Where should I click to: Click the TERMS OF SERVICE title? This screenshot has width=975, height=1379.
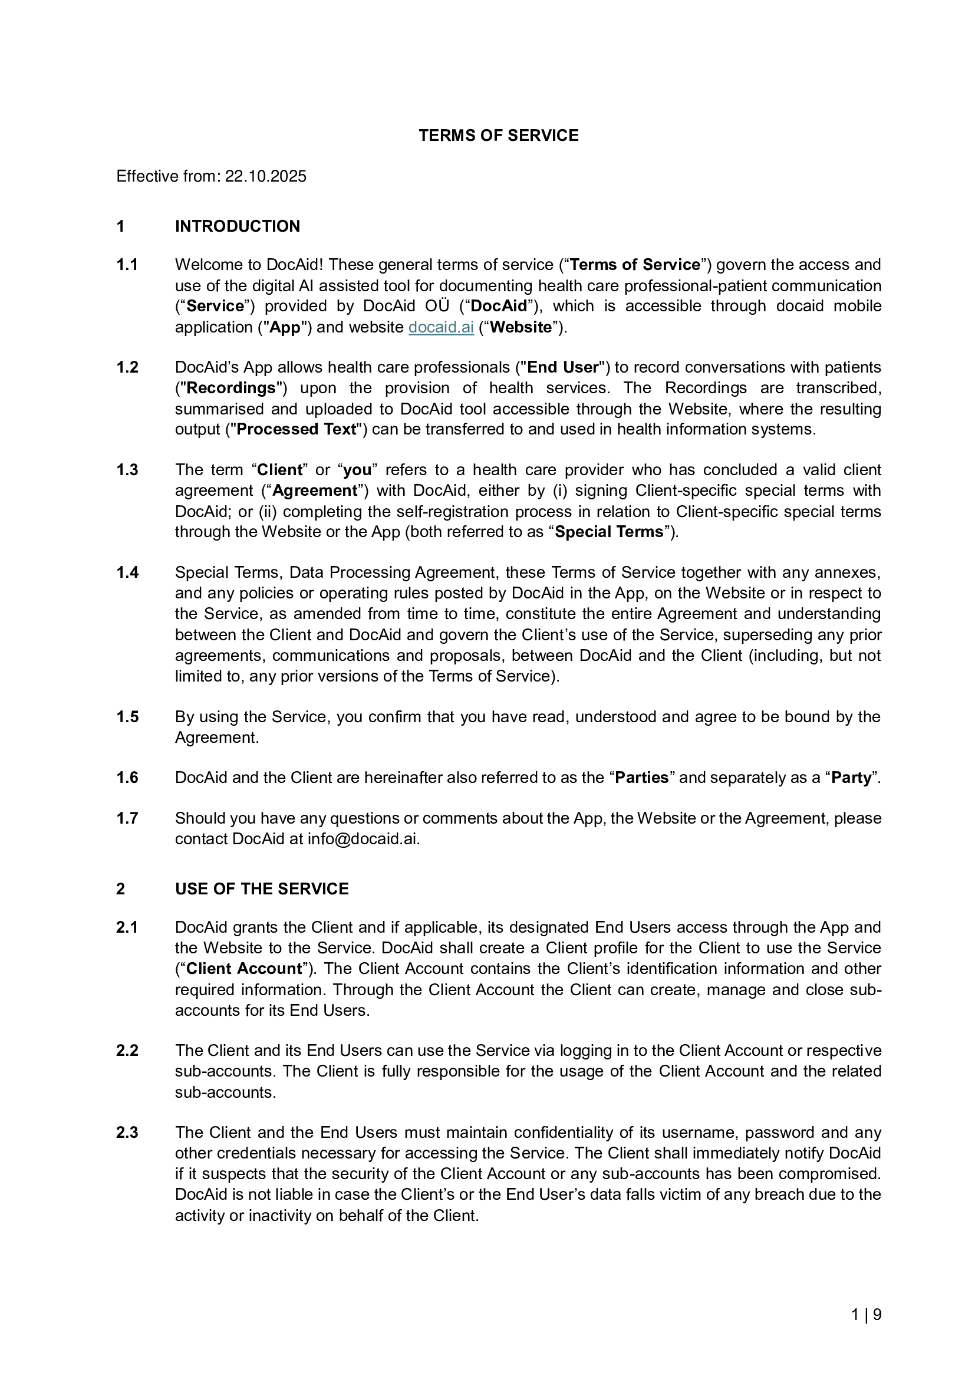(x=498, y=136)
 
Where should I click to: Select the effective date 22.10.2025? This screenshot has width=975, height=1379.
(x=265, y=177)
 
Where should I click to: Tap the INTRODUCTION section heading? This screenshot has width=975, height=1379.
(x=237, y=226)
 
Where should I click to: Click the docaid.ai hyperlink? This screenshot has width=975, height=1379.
(x=441, y=327)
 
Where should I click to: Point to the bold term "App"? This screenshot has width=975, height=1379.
(x=282, y=327)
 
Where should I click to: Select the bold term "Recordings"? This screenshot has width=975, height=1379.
(x=231, y=388)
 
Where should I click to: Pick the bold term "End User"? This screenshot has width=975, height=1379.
(x=562, y=367)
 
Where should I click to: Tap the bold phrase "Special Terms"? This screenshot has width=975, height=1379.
(x=609, y=532)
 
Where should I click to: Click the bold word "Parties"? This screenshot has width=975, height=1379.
(x=642, y=778)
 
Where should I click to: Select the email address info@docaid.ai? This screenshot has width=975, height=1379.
(x=363, y=839)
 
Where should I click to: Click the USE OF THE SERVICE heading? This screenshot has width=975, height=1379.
(x=262, y=889)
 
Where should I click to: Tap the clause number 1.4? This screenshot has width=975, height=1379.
(x=127, y=572)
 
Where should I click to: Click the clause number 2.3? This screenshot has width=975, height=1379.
(x=127, y=1133)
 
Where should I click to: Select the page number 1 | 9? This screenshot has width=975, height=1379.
(x=867, y=1315)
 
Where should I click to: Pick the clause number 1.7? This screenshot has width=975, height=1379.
(x=127, y=819)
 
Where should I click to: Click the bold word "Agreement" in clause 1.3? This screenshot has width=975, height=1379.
(x=315, y=491)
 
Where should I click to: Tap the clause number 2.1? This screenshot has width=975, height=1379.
(x=127, y=927)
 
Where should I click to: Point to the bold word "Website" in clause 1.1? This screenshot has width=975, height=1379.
(x=521, y=327)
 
